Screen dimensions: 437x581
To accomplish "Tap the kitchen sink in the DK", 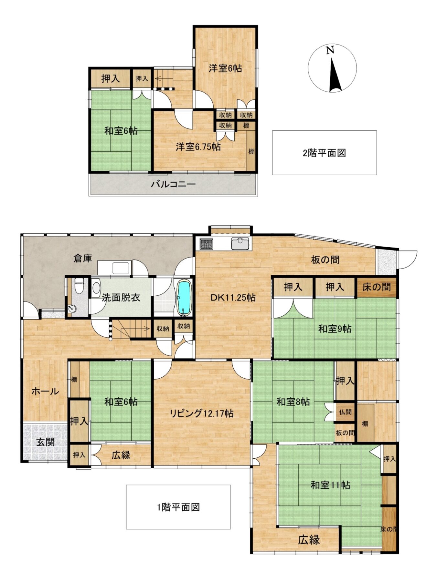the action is [240, 244].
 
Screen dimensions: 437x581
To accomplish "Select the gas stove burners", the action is [206, 244].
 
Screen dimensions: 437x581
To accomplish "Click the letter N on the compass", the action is [330, 51].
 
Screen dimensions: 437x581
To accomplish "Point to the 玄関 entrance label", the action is [45, 442].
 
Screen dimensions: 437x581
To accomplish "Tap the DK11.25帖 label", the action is [233, 297].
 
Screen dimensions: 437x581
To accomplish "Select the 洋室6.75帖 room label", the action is [198, 147].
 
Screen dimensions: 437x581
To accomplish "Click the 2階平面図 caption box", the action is [324, 153].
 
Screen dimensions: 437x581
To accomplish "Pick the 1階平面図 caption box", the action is [178, 507].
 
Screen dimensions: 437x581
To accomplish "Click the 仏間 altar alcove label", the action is [345, 412].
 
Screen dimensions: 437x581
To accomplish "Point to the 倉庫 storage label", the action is [83, 258].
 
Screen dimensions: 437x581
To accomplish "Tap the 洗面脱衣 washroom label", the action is [121, 298].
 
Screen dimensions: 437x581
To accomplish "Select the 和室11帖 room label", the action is [330, 485].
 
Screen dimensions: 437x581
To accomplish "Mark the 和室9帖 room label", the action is [335, 329].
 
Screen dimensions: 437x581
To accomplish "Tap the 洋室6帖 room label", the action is [225, 68].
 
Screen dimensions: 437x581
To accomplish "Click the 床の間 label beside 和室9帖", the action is [376, 287].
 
